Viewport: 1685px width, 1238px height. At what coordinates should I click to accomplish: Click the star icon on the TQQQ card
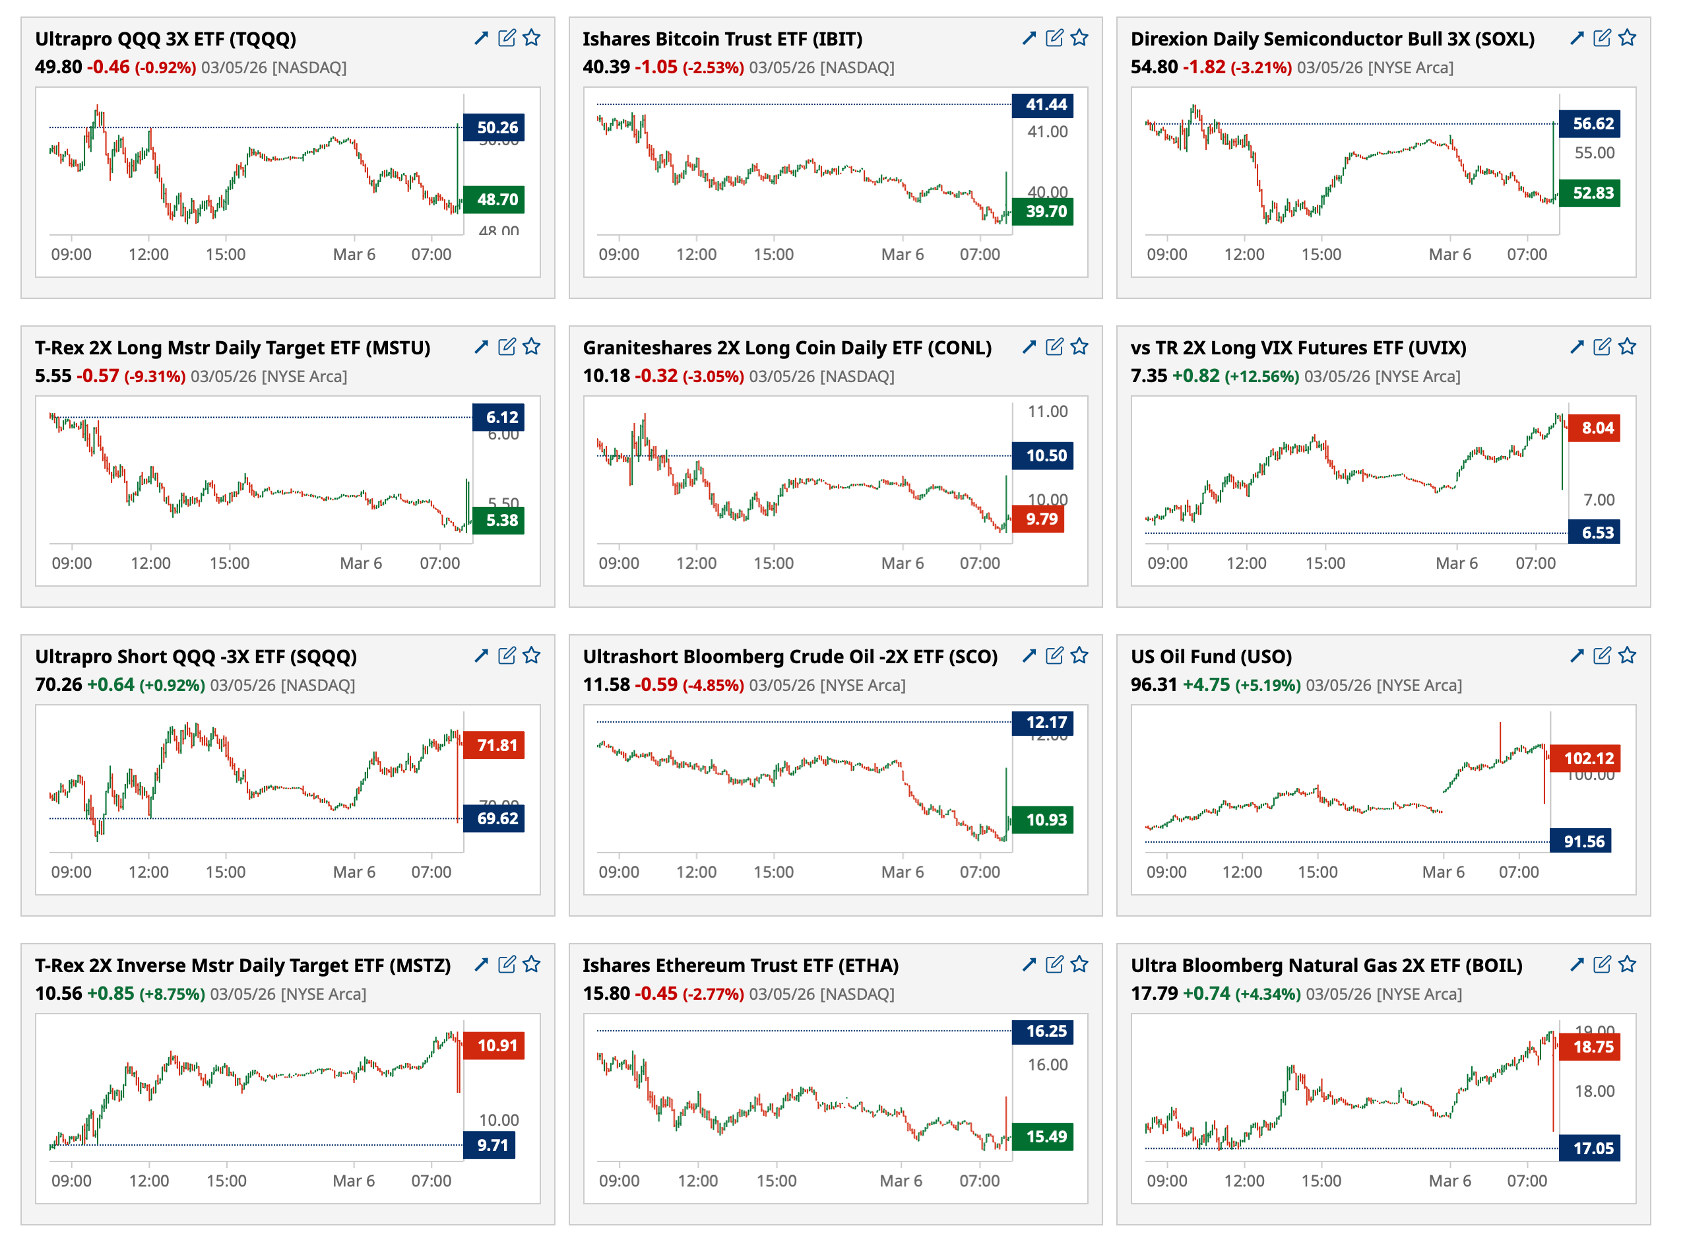click(x=531, y=38)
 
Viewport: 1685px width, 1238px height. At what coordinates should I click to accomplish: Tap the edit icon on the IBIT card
click(x=1054, y=38)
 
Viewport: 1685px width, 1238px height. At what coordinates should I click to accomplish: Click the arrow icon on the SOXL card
click(x=1576, y=38)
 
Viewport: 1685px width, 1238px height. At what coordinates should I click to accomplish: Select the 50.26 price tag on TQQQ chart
click(x=495, y=127)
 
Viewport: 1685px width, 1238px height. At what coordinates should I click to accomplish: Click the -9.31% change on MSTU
click(x=154, y=376)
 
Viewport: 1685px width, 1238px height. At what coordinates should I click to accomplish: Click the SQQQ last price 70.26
click(x=59, y=685)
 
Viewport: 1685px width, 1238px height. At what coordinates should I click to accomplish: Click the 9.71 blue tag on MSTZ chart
click(x=491, y=1145)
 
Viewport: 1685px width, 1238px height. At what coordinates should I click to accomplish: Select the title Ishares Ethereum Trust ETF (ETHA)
click(x=740, y=965)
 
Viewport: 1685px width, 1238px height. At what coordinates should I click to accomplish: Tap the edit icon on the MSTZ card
click(x=507, y=965)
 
